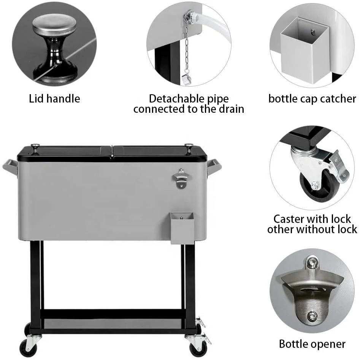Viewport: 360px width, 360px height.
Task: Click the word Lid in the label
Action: click(37, 99)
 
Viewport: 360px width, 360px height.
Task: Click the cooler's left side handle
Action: click(10, 166)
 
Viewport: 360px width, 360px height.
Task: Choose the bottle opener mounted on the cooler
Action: click(181, 178)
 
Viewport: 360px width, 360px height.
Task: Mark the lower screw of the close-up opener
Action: click(312, 315)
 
